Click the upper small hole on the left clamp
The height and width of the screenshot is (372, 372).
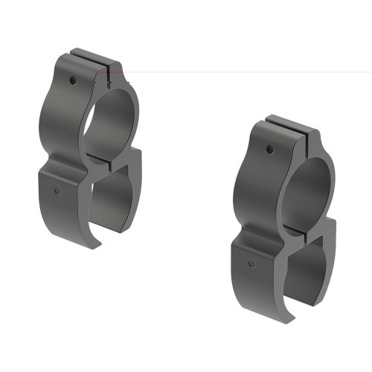74,80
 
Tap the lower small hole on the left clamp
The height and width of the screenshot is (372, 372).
57,190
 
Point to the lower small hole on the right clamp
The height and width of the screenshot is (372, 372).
253,263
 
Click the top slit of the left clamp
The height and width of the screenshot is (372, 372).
96,61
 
